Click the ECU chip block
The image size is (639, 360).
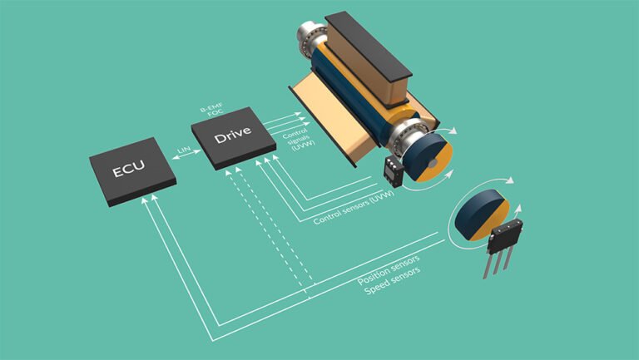133,172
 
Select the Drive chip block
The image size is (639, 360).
232,136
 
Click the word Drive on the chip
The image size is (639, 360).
232,135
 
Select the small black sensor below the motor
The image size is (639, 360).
392,170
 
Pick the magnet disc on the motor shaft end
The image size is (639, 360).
431,157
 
